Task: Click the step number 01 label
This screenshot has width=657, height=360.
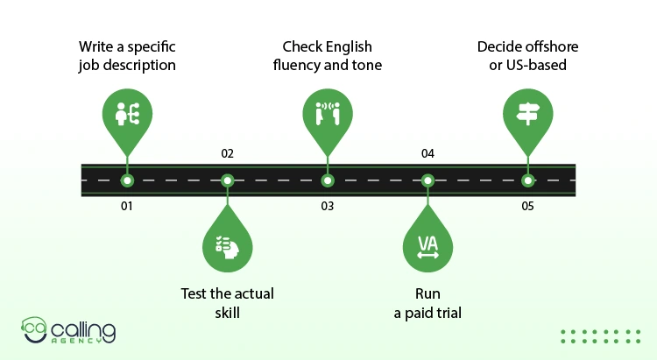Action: point(127,206)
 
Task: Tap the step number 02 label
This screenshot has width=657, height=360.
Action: point(227,154)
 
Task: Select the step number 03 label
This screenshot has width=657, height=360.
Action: point(328,206)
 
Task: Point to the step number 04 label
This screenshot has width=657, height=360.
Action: point(427,154)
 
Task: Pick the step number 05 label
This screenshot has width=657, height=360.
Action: point(527,206)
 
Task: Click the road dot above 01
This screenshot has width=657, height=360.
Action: point(127,180)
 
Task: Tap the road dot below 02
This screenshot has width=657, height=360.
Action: point(227,180)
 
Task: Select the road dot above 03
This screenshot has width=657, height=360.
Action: point(328,180)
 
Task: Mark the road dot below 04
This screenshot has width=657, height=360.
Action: point(427,180)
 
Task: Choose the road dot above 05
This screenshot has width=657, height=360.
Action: point(527,180)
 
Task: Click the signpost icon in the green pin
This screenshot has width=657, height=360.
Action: point(528,114)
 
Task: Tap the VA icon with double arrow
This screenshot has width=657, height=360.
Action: point(427,247)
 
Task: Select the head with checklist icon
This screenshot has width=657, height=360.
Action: point(227,247)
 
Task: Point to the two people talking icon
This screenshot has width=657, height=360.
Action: point(328,114)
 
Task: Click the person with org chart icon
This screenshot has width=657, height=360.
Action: point(127,114)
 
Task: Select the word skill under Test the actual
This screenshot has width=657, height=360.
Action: point(227,313)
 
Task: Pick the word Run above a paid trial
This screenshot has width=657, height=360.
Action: point(427,293)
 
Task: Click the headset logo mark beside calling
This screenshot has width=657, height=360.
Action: point(34,330)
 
